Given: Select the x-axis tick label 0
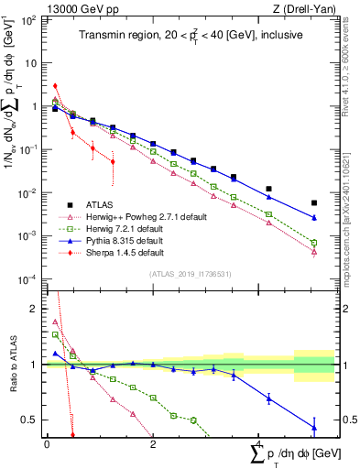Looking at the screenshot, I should tap(47, 444).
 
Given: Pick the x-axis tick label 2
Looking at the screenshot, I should tap(153, 444).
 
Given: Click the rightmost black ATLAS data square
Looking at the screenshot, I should tap(314, 203).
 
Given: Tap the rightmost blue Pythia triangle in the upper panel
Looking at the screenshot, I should tap(314, 218).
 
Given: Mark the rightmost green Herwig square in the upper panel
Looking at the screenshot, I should tap(314, 243).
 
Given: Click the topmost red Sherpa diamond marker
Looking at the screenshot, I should tap(56, 86).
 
